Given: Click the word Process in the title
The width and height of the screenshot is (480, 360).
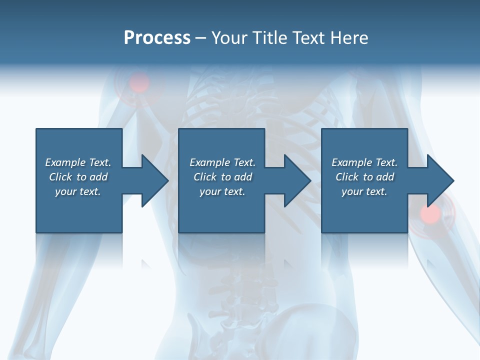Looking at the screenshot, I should pyautogui.click(x=157, y=38).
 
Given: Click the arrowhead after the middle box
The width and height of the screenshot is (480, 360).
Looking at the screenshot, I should pyautogui.click(x=296, y=180).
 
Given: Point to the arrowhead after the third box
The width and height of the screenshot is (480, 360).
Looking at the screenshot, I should pyautogui.click(x=439, y=180).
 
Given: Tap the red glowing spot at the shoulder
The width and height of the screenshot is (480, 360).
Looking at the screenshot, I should pyautogui.click(x=140, y=82).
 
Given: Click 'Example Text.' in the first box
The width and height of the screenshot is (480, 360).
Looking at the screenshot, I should pyautogui.click(x=78, y=162).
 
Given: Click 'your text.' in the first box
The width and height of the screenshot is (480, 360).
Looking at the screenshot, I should pyautogui.click(x=78, y=191).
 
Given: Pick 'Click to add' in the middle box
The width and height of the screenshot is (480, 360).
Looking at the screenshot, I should pyautogui.click(x=222, y=177).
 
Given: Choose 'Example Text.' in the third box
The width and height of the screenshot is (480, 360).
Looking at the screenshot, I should pyautogui.click(x=364, y=162).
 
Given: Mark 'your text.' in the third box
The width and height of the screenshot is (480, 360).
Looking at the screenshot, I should pyautogui.click(x=364, y=191).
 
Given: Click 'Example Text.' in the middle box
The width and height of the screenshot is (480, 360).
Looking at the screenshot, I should pyautogui.click(x=222, y=162).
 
